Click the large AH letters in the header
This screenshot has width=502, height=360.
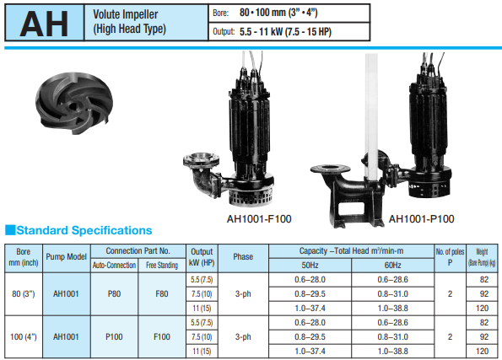(x=44, y=24)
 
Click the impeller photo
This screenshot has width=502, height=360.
(x=74, y=102)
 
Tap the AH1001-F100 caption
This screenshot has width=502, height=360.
(x=259, y=219)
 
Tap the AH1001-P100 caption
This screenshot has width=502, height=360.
(x=421, y=219)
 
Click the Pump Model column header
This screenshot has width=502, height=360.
(x=67, y=256)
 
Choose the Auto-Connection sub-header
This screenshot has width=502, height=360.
(x=114, y=266)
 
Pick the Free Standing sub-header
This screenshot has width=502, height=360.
(x=162, y=266)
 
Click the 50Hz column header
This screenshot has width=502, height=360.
(x=310, y=266)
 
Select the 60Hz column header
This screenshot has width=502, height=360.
(x=393, y=266)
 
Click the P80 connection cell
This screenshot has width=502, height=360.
(x=114, y=293)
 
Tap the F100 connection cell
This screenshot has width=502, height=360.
(x=162, y=336)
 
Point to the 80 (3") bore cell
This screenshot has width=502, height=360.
(x=24, y=293)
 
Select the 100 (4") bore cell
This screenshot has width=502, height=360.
(x=24, y=336)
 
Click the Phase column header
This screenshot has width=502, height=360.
(x=243, y=256)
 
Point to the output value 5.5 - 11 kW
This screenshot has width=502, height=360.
(x=259, y=32)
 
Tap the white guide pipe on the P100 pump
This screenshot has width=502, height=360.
(x=371, y=117)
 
